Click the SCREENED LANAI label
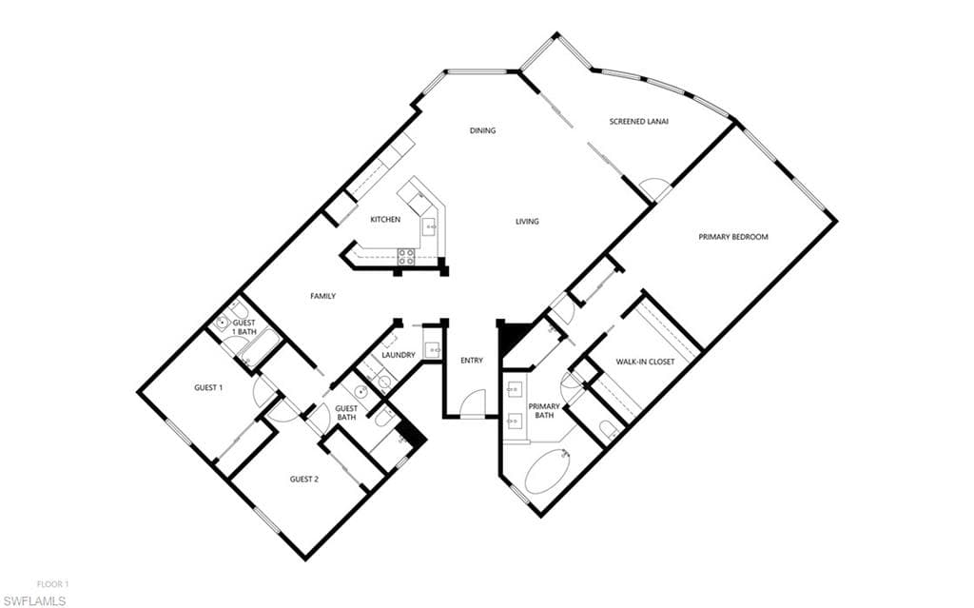pyautogui.click(x=638, y=122)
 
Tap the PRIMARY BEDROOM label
pyautogui.click(x=733, y=237)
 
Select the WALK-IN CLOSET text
pyautogui.click(x=645, y=362)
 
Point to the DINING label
pyautogui.click(x=482, y=130)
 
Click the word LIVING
pyautogui.click(x=527, y=222)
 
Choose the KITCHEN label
pyautogui.click(x=385, y=220)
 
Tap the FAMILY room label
pyautogui.click(x=323, y=297)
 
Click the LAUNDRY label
pyautogui.click(x=399, y=355)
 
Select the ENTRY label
pyautogui.click(x=472, y=361)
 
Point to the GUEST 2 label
pyautogui.click(x=304, y=480)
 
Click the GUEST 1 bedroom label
pyautogui.click(x=208, y=388)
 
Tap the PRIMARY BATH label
pyautogui.click(x=544, y=411)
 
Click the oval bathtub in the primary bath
pyautogui.click(x=548, y=472)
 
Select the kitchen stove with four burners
pyautogui.click(x=406, y=257)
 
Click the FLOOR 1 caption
pyautogui.click(x=53, y=584)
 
